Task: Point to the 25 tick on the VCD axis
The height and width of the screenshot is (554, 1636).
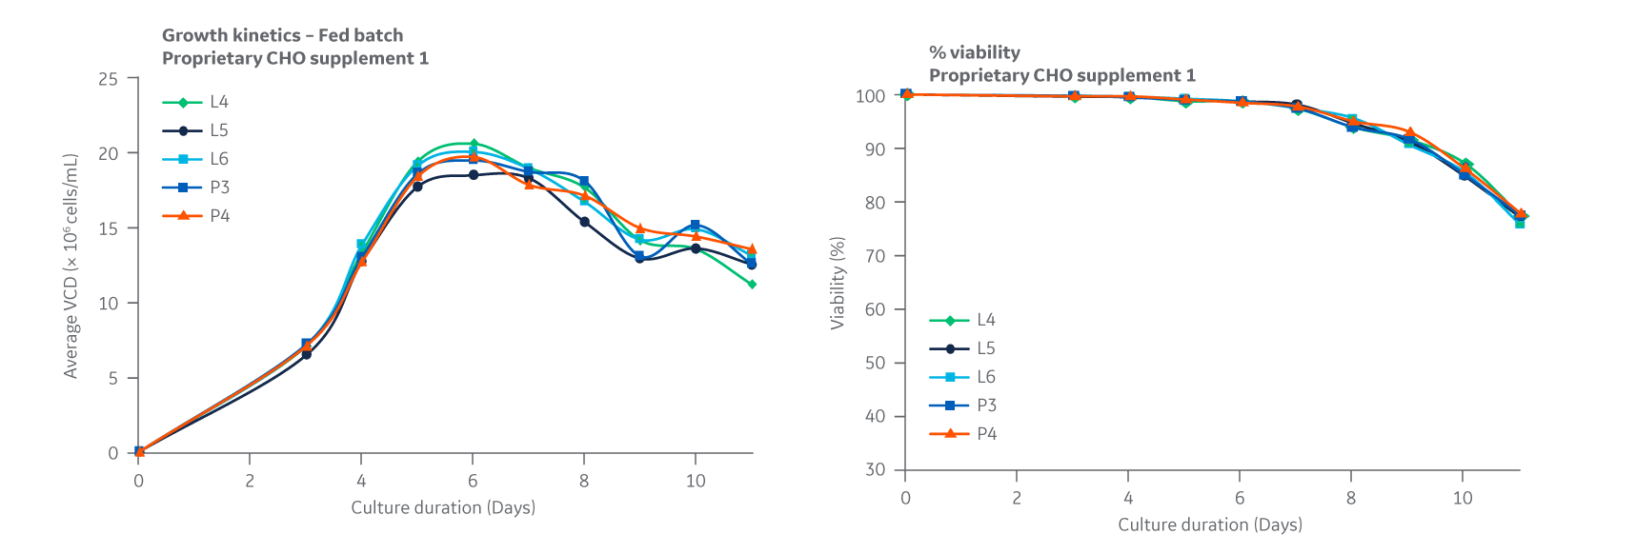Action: [x=109, y=79]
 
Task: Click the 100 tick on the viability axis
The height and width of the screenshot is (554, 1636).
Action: [x=870, y=96]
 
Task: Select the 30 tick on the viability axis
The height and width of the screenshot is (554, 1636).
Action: [x=875, y=469]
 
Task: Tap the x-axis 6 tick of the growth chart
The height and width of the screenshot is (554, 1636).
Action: [x=473, y=481]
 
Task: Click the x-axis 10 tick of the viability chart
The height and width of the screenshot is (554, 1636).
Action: [x=1463, y=498]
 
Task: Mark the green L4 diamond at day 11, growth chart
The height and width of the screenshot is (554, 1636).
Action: [x=752, y=285]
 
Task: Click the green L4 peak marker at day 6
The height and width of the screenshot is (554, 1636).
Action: [x=474, y=144]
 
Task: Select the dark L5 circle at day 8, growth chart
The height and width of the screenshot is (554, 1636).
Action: [x=584, y=222]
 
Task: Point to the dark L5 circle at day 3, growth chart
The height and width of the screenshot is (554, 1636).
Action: [x=306, y=354]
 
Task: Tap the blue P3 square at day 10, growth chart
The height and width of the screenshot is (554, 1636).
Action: [x=696, y=226]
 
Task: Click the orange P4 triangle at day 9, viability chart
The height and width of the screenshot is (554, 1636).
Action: [x=1409, y=133]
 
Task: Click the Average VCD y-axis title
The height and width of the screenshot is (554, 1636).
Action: [x=71, y=266]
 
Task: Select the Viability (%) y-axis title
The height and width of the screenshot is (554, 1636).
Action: [x=838, y=283]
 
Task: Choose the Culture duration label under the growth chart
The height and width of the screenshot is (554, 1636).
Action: [x=443, y=507]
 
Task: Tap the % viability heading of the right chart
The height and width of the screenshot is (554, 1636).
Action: [x=975, y=52]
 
